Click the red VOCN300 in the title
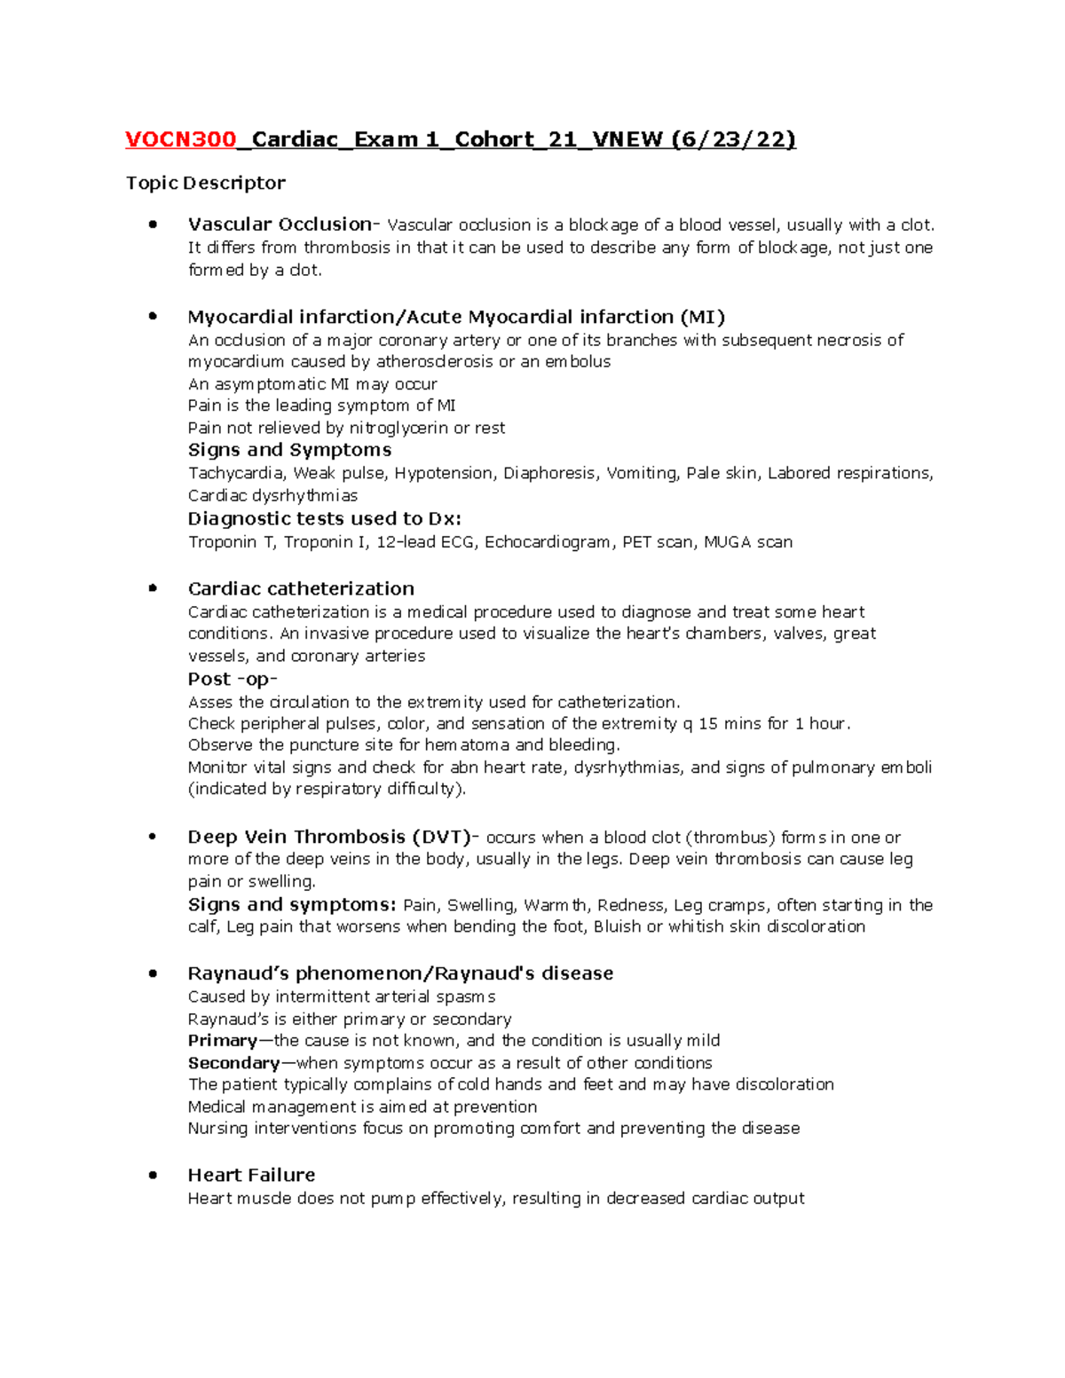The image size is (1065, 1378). coord(181,139)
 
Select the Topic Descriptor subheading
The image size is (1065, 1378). coord(205,183)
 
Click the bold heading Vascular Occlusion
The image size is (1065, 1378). coord(280,224)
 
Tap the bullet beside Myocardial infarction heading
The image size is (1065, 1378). coord(154,316)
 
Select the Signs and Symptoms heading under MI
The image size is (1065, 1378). coord(289,450)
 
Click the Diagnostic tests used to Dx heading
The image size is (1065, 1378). coord(324,519)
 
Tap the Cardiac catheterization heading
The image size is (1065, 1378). coord(301,589)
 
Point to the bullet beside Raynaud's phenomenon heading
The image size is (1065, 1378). coord(154,973)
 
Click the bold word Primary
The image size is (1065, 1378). coord(222,1041)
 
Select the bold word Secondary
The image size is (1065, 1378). coord(233,1063)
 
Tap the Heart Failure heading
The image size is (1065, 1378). coord(251,1175)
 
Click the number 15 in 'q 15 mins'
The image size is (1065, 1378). coord(708,723)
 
